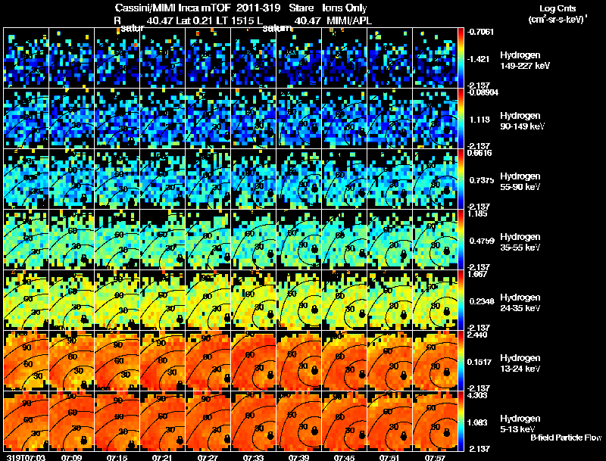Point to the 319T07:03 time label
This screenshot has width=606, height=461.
pyautogui.click(x=24, y=457)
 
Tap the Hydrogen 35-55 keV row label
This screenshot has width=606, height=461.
pyautogui.click(x=522, y=241)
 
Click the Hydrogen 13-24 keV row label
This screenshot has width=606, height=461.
pyautogui.click(x=522, y=363)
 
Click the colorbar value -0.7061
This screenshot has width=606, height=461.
pyautogui.click(x=483, y=32)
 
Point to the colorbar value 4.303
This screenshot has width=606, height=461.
pyautogui.click(x=482, y=395)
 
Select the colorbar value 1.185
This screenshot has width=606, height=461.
pyautogui.click(x=482, y=214)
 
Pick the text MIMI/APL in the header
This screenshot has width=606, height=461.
pyautogui.click(x=351, y=20)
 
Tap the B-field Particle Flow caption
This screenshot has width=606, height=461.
pyautogui.click(x=566, y=438)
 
